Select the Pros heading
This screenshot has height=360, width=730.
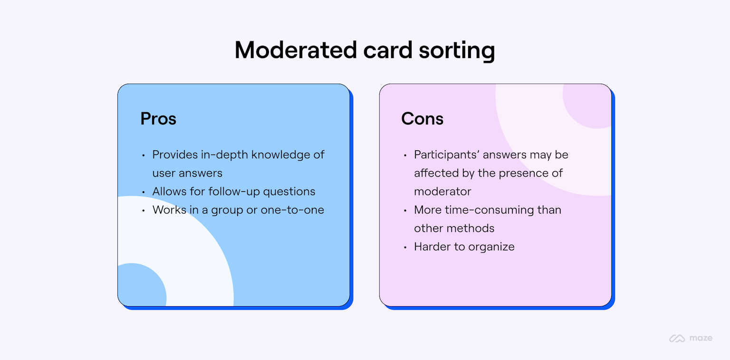[158, 118]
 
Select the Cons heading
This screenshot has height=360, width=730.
[422, 118]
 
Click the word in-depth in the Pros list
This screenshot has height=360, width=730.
[222, 155]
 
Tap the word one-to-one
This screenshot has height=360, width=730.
[292, 210]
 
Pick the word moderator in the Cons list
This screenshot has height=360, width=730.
[442, 192]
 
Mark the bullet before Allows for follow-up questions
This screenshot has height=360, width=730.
[144, 192]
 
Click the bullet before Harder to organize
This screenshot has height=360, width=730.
[405, 247]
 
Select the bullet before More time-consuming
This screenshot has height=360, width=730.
[405, 211]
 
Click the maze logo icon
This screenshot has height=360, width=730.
[677, 339]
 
